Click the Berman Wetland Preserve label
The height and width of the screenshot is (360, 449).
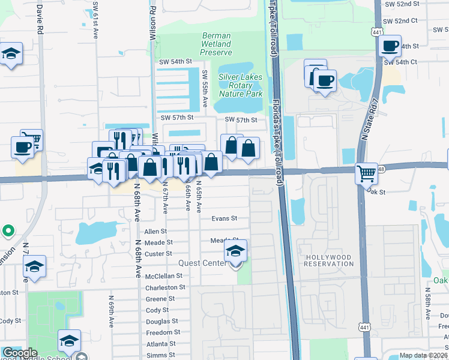tap(215, 44)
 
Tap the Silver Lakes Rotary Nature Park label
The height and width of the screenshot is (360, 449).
tap(240, 85)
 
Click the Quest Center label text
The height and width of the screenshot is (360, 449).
tap(200, 263)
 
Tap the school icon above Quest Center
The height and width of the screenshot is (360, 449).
tap(236, 251)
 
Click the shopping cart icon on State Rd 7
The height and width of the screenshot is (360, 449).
tap(366, 173)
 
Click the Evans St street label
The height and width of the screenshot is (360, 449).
tap(224, 219)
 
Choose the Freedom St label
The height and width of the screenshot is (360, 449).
tap(164, 332)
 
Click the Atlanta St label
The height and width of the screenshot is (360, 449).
tap(160, 344)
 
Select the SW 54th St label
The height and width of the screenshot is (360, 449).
tap(175, 61)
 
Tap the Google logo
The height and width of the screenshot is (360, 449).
tap(20, 353)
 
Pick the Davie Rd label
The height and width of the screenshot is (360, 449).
tap(40, 19)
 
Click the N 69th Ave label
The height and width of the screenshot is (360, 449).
tap(112, 310)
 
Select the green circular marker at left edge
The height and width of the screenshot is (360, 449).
tap(7, 230)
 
